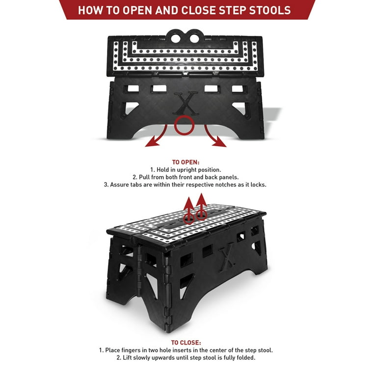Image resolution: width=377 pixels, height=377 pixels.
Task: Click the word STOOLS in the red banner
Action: pos(270,10)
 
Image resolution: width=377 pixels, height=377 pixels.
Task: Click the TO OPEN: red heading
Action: pos(186,162)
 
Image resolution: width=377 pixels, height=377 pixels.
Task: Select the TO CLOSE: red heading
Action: pos(186,343)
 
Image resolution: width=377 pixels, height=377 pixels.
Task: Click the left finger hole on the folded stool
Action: pos(176,38)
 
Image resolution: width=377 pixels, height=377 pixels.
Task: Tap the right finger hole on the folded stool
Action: pos(194,38)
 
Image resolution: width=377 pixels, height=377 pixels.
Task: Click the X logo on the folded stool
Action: pos(186,104)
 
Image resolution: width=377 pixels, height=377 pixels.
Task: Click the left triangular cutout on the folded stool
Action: pos(129,109)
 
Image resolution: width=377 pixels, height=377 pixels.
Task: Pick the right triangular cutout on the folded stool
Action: pos(241,109)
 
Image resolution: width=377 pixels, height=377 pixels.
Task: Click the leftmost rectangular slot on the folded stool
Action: pos(132,89)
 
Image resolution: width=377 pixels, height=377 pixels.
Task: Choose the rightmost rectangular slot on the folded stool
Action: pos(239,89)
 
